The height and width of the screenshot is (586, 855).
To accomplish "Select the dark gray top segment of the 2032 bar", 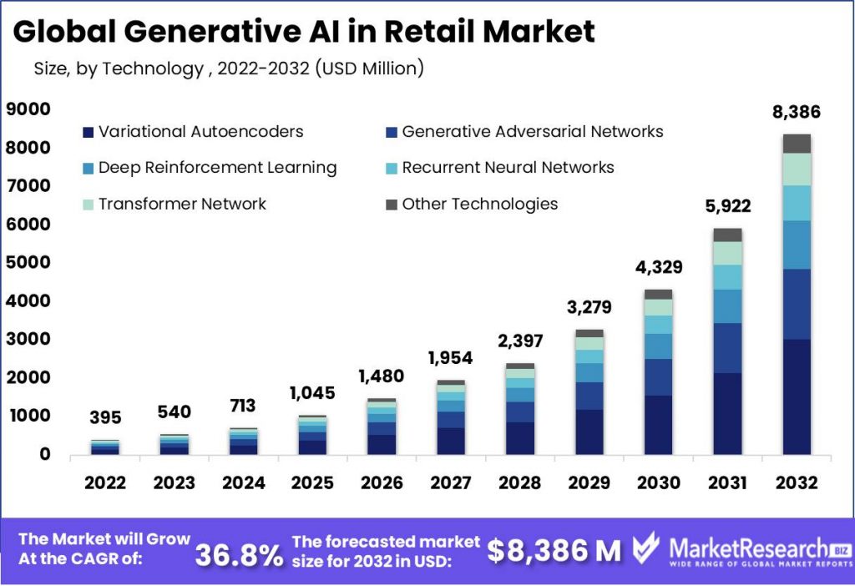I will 797,144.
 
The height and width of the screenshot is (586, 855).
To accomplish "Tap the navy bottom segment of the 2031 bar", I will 727,413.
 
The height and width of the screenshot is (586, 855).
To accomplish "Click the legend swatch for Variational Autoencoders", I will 88,132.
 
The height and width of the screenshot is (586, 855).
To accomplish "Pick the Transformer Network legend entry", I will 182,204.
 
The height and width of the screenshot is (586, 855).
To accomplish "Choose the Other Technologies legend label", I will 479,204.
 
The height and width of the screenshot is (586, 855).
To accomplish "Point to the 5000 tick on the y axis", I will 28,263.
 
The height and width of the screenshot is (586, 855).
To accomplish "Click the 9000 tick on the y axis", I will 28,109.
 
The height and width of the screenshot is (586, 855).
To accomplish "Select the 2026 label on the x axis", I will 382,482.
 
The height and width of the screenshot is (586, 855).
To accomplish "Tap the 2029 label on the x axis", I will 589,482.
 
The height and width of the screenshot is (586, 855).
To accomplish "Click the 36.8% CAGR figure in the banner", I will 239,553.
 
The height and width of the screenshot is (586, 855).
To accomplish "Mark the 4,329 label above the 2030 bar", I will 658,268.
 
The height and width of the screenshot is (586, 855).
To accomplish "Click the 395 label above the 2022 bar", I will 105,417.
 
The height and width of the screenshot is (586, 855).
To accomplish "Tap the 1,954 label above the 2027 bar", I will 450,358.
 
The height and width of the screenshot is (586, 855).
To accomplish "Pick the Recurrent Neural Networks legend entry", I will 508,168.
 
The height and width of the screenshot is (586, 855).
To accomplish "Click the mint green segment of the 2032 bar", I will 797,169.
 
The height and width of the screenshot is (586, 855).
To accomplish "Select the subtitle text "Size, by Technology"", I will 117,68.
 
